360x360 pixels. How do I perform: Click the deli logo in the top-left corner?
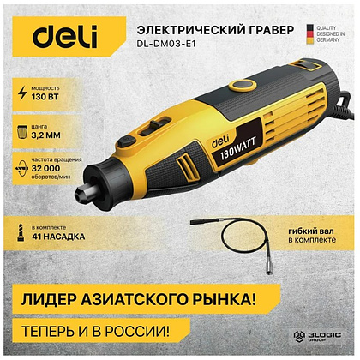[63, 35]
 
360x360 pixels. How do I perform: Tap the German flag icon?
[309, 35]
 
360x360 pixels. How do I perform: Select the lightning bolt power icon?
[19, 95]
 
